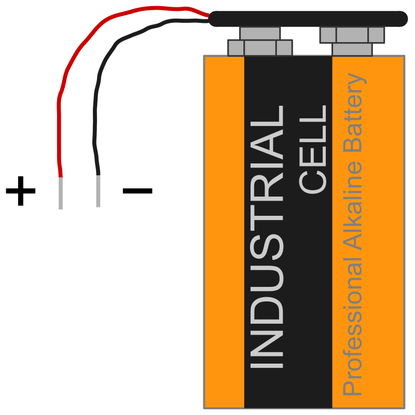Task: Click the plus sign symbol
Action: (21, 191)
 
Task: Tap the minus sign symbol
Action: (137, 191)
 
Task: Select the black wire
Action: (99, 83)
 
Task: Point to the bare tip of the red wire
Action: (61, 193)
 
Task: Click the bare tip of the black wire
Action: (98, 191)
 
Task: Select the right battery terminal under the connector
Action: (352, 41)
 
